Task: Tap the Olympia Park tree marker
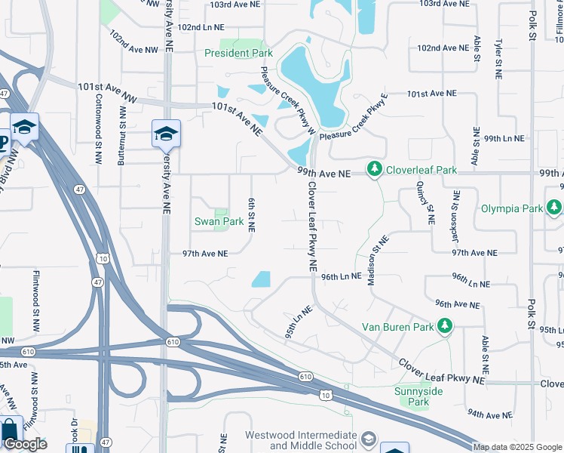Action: tap(555, 207)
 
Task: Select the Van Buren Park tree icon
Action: tap(446, 326)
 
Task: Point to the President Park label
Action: tap(239, 54)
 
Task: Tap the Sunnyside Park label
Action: tap(418, 396)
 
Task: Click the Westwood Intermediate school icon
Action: tap(368, 439)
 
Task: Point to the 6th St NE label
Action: tap(252, 215)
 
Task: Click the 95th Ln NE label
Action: tap(299, 322)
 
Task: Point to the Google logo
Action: tap(26, 444)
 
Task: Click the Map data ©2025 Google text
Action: tap(517, 447)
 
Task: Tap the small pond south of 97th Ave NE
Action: tap(261, 279)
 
